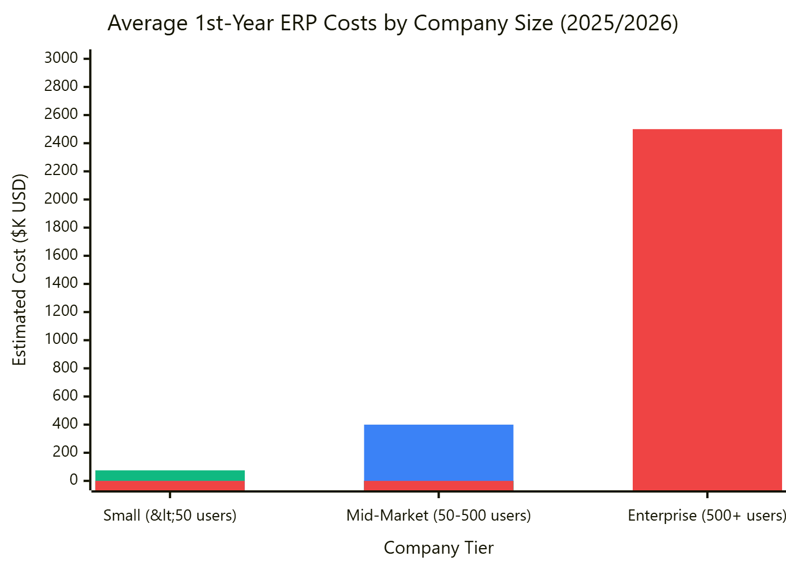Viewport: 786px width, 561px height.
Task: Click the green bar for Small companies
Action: pyautogui.click(x=170, y=476)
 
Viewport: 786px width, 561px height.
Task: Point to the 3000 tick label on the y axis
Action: pyautogui.click(x=61, y=58)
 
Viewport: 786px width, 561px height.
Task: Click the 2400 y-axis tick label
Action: pyautogui.click(x=61, y=142)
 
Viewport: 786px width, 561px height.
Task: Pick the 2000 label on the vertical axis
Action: pyautogui.click(x=61, y=199)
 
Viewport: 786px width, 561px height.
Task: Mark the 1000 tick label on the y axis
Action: pyautogui.click(x=61, y=339)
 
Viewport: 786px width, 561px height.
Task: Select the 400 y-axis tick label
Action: pyautogui.click(x=65, y=424)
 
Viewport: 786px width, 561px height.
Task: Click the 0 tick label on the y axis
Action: pyautogui.click(x=74, y=480)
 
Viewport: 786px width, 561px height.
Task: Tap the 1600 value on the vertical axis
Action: pyautogui.click(x=61, y=255)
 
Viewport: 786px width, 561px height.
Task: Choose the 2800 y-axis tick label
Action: pyautogui.click(x=61, y=86)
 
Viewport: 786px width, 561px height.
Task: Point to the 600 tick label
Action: pyautogui.click(x=65, y=396)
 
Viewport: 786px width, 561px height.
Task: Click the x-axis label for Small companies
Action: pyautogui.click(x=170, y=516)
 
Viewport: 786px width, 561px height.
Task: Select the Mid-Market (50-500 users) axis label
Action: pyautogui.click(x=438, y=516)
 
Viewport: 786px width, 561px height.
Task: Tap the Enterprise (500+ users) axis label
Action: pyautogui.click(x=706, y=516)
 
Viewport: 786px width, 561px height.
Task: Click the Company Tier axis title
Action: pyautogui.click(x=438, y=548)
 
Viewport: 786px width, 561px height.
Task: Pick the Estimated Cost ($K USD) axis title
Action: pyautogui.click(x=20, y=270)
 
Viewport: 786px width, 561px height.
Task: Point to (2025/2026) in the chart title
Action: pyautogui.click(x=619, y=24)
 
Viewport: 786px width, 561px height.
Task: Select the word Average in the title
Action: pyautogui.click(x=148, y=24)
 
